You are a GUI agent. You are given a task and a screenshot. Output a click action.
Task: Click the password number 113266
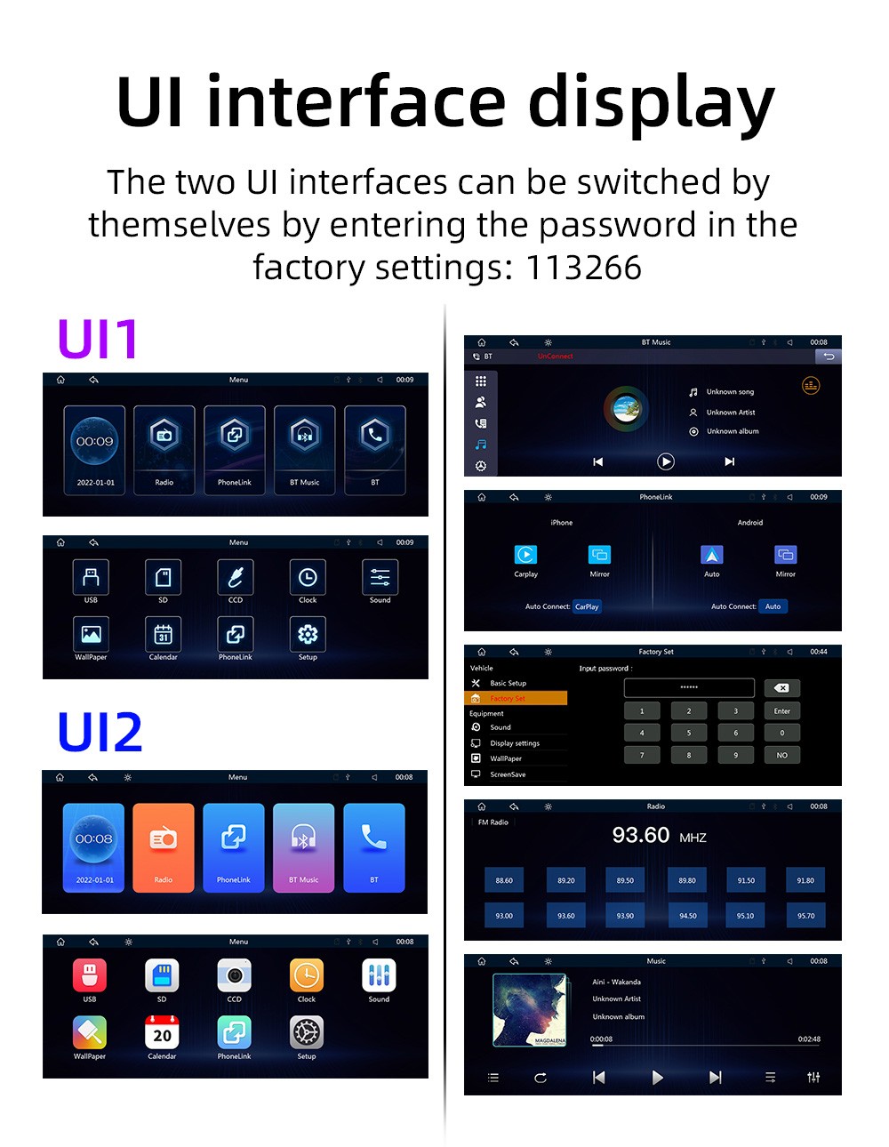(x=583, y=268)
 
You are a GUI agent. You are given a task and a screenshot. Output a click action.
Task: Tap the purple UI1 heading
(x=98, y=339)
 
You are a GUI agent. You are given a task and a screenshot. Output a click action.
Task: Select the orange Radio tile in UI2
(x=164, y=847)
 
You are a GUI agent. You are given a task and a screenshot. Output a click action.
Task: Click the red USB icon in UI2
(x=90, y=975)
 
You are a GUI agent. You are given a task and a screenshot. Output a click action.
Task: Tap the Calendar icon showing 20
(x=162, y=1033)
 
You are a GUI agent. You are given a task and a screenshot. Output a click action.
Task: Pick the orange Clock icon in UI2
(x=307, y=975)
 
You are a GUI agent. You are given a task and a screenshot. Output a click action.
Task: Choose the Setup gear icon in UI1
(x=308, y=634)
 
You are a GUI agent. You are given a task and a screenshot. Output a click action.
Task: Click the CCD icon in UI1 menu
(x=236, y=577)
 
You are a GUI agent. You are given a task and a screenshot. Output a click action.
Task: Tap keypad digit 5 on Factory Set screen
(x=688, y=733)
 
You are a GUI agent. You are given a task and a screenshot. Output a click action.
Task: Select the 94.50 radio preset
(x=688, y=916)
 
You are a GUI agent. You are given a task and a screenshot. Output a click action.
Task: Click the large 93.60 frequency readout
(x=641, y=836)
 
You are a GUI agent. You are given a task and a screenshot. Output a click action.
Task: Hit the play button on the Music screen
(x=657, y=1078)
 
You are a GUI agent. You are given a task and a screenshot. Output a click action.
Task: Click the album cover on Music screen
(x=530, y=1010)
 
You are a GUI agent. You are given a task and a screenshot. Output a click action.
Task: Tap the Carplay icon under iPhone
(x=525, y=555)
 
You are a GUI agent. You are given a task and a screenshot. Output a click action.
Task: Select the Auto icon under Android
(x=712, y=555)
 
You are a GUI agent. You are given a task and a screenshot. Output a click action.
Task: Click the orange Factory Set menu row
(x=516, y=699)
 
